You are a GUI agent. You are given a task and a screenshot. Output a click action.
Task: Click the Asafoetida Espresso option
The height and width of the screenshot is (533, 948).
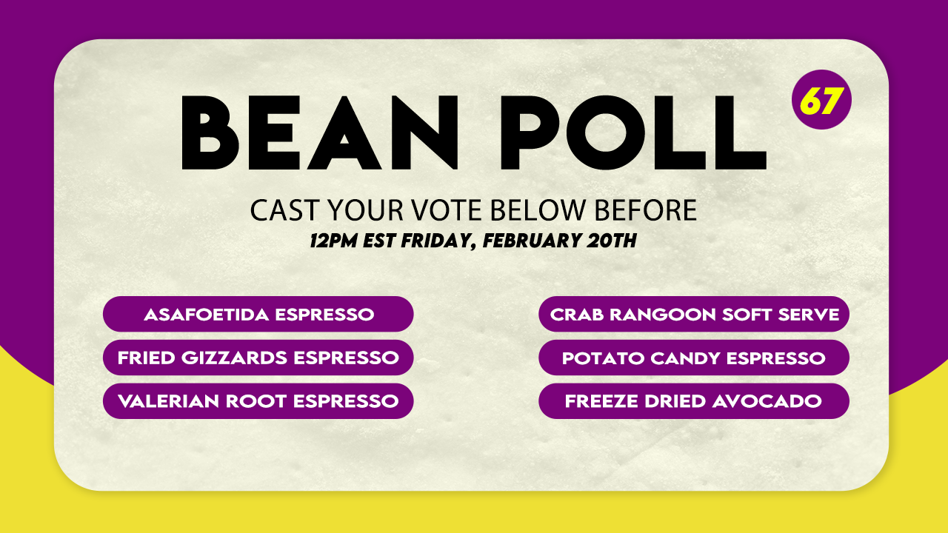point(258,314)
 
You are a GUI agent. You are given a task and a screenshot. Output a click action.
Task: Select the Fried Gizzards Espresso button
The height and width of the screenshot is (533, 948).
point(258,358)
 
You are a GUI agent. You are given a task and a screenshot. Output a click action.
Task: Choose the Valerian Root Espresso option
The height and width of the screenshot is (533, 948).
point(258,401)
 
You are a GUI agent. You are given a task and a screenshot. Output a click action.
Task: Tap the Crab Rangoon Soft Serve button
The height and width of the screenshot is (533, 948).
point(694,314)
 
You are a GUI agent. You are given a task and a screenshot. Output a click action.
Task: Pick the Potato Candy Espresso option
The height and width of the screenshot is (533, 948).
point(694,358)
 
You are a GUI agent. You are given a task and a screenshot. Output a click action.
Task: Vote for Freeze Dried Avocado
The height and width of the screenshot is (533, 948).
point(694,401)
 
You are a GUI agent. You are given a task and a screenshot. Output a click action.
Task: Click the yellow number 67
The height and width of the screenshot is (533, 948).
point(821,101)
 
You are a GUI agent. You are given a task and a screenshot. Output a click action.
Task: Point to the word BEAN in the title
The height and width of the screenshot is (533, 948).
point(320,133)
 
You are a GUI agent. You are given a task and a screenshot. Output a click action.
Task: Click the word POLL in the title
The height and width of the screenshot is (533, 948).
point(633,133)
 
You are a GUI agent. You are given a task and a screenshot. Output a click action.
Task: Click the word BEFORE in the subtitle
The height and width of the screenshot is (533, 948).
point(646,210)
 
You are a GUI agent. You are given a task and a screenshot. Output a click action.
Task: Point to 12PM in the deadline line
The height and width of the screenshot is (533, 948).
point(333,241)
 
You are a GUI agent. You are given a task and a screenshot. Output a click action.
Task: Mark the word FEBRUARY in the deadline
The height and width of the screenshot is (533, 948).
point(531,241)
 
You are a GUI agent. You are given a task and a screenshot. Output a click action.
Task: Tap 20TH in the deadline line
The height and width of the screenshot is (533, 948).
point(612,241)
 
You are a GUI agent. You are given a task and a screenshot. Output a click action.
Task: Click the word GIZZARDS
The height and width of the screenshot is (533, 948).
point(235,358)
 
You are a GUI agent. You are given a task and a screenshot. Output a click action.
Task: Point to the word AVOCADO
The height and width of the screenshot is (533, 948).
point(767,401)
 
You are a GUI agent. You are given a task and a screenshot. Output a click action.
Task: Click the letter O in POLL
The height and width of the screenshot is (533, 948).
point(606,133)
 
